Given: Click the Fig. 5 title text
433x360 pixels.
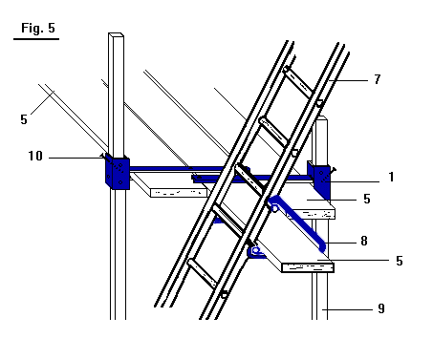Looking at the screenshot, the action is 38,28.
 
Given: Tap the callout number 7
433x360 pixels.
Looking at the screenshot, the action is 378,79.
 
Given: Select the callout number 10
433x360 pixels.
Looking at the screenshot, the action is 35,156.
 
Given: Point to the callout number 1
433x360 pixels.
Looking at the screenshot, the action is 392,177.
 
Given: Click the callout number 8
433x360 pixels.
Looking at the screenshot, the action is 364,241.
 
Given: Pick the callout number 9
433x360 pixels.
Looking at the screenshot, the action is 381,308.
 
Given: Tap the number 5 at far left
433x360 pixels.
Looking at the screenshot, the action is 24,119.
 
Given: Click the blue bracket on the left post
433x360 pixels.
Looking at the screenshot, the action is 118,172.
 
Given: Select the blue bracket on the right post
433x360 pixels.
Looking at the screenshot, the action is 319,180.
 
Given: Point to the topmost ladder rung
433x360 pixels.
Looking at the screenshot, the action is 299,82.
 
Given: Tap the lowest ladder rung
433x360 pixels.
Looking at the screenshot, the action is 203,273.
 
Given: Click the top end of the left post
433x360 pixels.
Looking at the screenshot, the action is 116,34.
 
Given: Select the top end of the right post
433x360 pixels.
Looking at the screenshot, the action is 322,118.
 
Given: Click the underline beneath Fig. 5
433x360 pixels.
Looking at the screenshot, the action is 36,39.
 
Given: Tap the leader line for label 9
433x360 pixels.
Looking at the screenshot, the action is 347,309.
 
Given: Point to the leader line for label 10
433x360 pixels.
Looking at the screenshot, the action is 76,158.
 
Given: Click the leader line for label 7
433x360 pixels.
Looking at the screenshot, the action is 349,80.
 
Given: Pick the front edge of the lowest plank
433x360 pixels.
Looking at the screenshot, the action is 308,268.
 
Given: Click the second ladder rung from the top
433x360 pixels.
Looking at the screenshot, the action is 274,132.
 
